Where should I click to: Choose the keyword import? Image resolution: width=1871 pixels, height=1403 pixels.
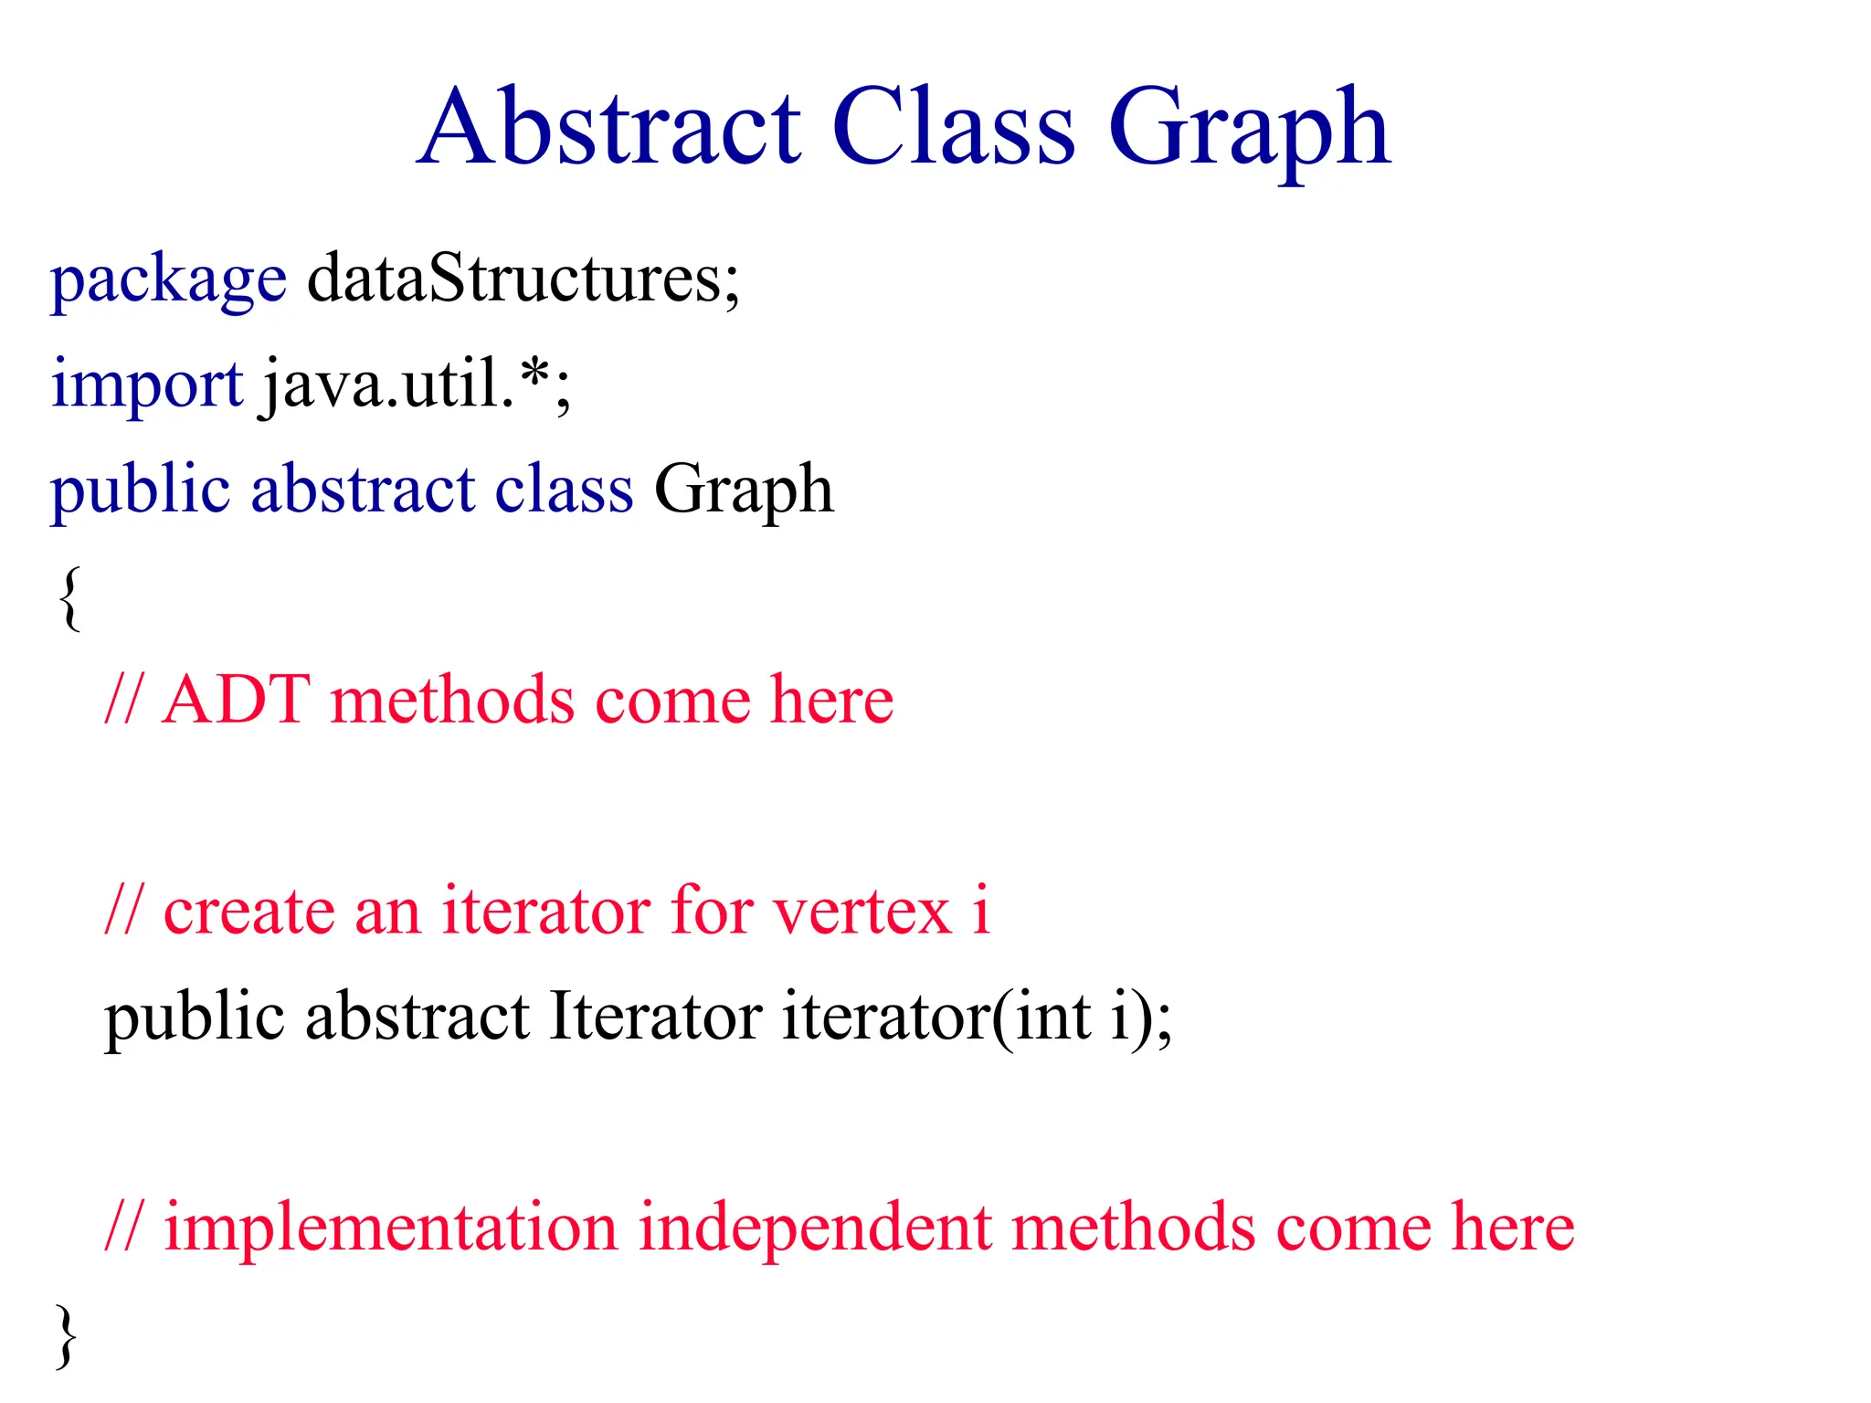click(147, 385)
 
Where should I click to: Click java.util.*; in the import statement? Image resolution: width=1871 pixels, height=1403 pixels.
click(417, 385)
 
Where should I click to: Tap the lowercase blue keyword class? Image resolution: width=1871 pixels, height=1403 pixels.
click(564, 490)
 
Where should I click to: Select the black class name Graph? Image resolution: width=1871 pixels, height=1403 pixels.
click(744, 491)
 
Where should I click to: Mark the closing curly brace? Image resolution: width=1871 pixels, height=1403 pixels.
click(66, 1335)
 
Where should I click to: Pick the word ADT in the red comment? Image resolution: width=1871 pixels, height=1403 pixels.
click(236, 701)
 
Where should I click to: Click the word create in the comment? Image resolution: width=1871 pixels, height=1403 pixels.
click(249, 912)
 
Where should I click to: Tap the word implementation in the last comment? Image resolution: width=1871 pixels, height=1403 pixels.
click(391, 1228)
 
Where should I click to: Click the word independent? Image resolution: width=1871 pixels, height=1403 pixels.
click(815, 1228)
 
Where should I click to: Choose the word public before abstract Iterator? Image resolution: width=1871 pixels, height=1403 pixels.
click(195, 1018)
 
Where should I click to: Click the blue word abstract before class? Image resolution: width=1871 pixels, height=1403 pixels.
click(363, 490)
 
